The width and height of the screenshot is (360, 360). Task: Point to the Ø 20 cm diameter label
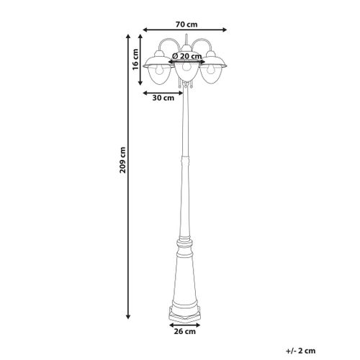click(186, 55)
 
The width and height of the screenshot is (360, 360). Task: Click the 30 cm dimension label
click(163, 99)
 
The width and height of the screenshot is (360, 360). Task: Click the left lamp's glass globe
click(158, 74)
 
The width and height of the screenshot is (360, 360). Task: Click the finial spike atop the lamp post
click(186, 36)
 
